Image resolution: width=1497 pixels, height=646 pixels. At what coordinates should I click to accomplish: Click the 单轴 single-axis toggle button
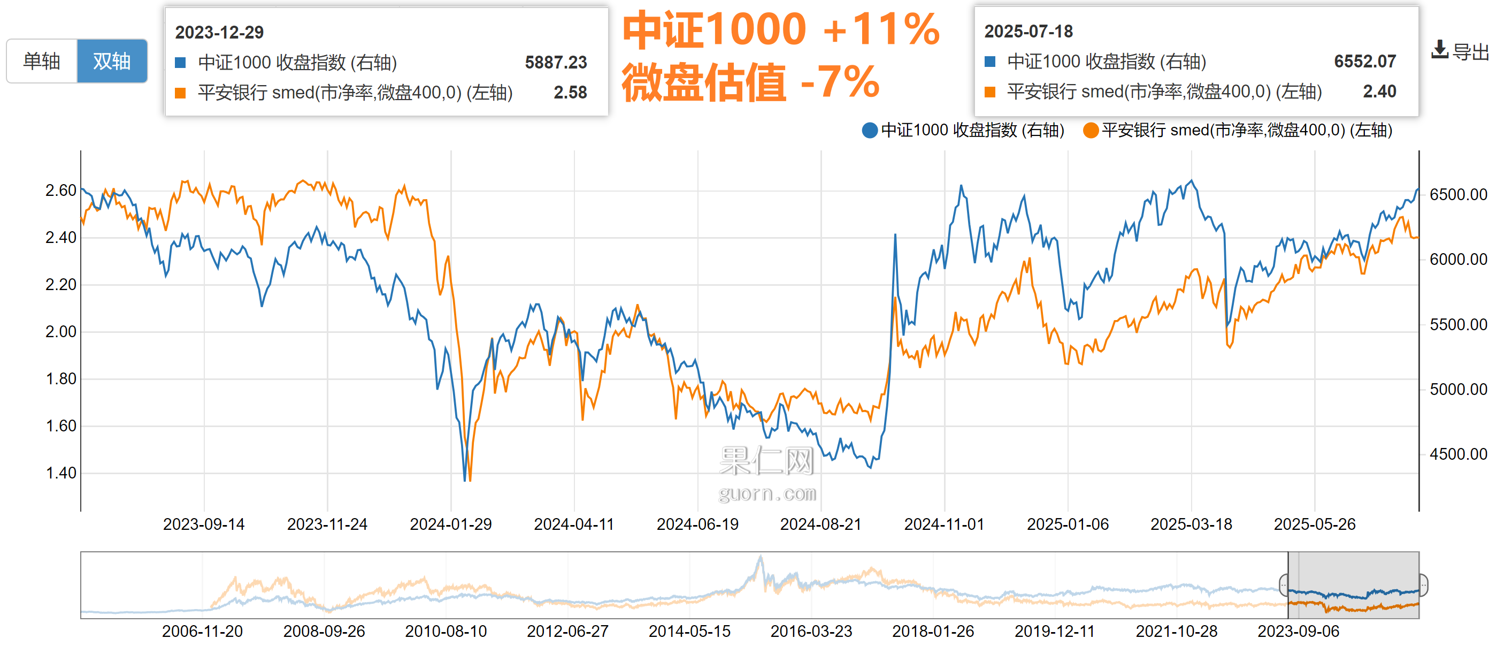tap(42, 61)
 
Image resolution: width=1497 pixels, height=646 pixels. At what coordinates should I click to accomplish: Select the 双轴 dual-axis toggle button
tap(112, 61)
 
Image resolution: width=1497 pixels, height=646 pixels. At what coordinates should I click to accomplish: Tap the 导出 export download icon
tap(1439, 51)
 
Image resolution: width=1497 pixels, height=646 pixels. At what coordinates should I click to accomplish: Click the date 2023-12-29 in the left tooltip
tap(219, 33)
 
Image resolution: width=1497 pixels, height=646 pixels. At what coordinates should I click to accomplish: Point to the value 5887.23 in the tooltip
tap(556, 62)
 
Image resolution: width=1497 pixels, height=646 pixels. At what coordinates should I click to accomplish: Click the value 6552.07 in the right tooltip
tap(1364, 61)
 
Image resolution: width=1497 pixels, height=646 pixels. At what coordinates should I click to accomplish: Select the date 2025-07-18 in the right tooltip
tap(1028, 32)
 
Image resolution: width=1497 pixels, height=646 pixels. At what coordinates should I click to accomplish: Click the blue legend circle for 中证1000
tap(870, 130)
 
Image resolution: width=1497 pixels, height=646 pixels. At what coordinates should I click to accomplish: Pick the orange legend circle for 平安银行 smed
tap(1090, 130)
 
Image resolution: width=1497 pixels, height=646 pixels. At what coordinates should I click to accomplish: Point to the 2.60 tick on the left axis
tap(60, 190)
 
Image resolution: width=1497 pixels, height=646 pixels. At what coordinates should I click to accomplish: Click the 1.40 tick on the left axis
tap(60, 473)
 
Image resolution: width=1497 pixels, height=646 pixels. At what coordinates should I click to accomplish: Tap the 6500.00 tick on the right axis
tap(1458, 194)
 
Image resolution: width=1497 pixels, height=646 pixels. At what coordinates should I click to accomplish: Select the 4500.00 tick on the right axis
tap(1458, 453)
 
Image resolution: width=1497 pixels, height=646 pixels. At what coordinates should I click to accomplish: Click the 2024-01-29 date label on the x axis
tap(450, 525)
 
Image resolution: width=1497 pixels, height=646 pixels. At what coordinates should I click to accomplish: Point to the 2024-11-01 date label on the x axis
tap(944, 525)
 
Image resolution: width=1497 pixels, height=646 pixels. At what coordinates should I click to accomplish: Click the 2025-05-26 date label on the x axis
tap(1314, 525)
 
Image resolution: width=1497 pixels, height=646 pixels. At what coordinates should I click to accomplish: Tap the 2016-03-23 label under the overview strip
tap(811, 632)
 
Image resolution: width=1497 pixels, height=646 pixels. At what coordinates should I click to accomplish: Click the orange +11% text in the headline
tap(881, 29)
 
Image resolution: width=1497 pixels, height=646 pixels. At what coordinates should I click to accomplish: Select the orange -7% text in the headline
tap(840, 81)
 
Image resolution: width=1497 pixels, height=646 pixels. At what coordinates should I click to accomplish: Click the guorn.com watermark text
tap(767, 493)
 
